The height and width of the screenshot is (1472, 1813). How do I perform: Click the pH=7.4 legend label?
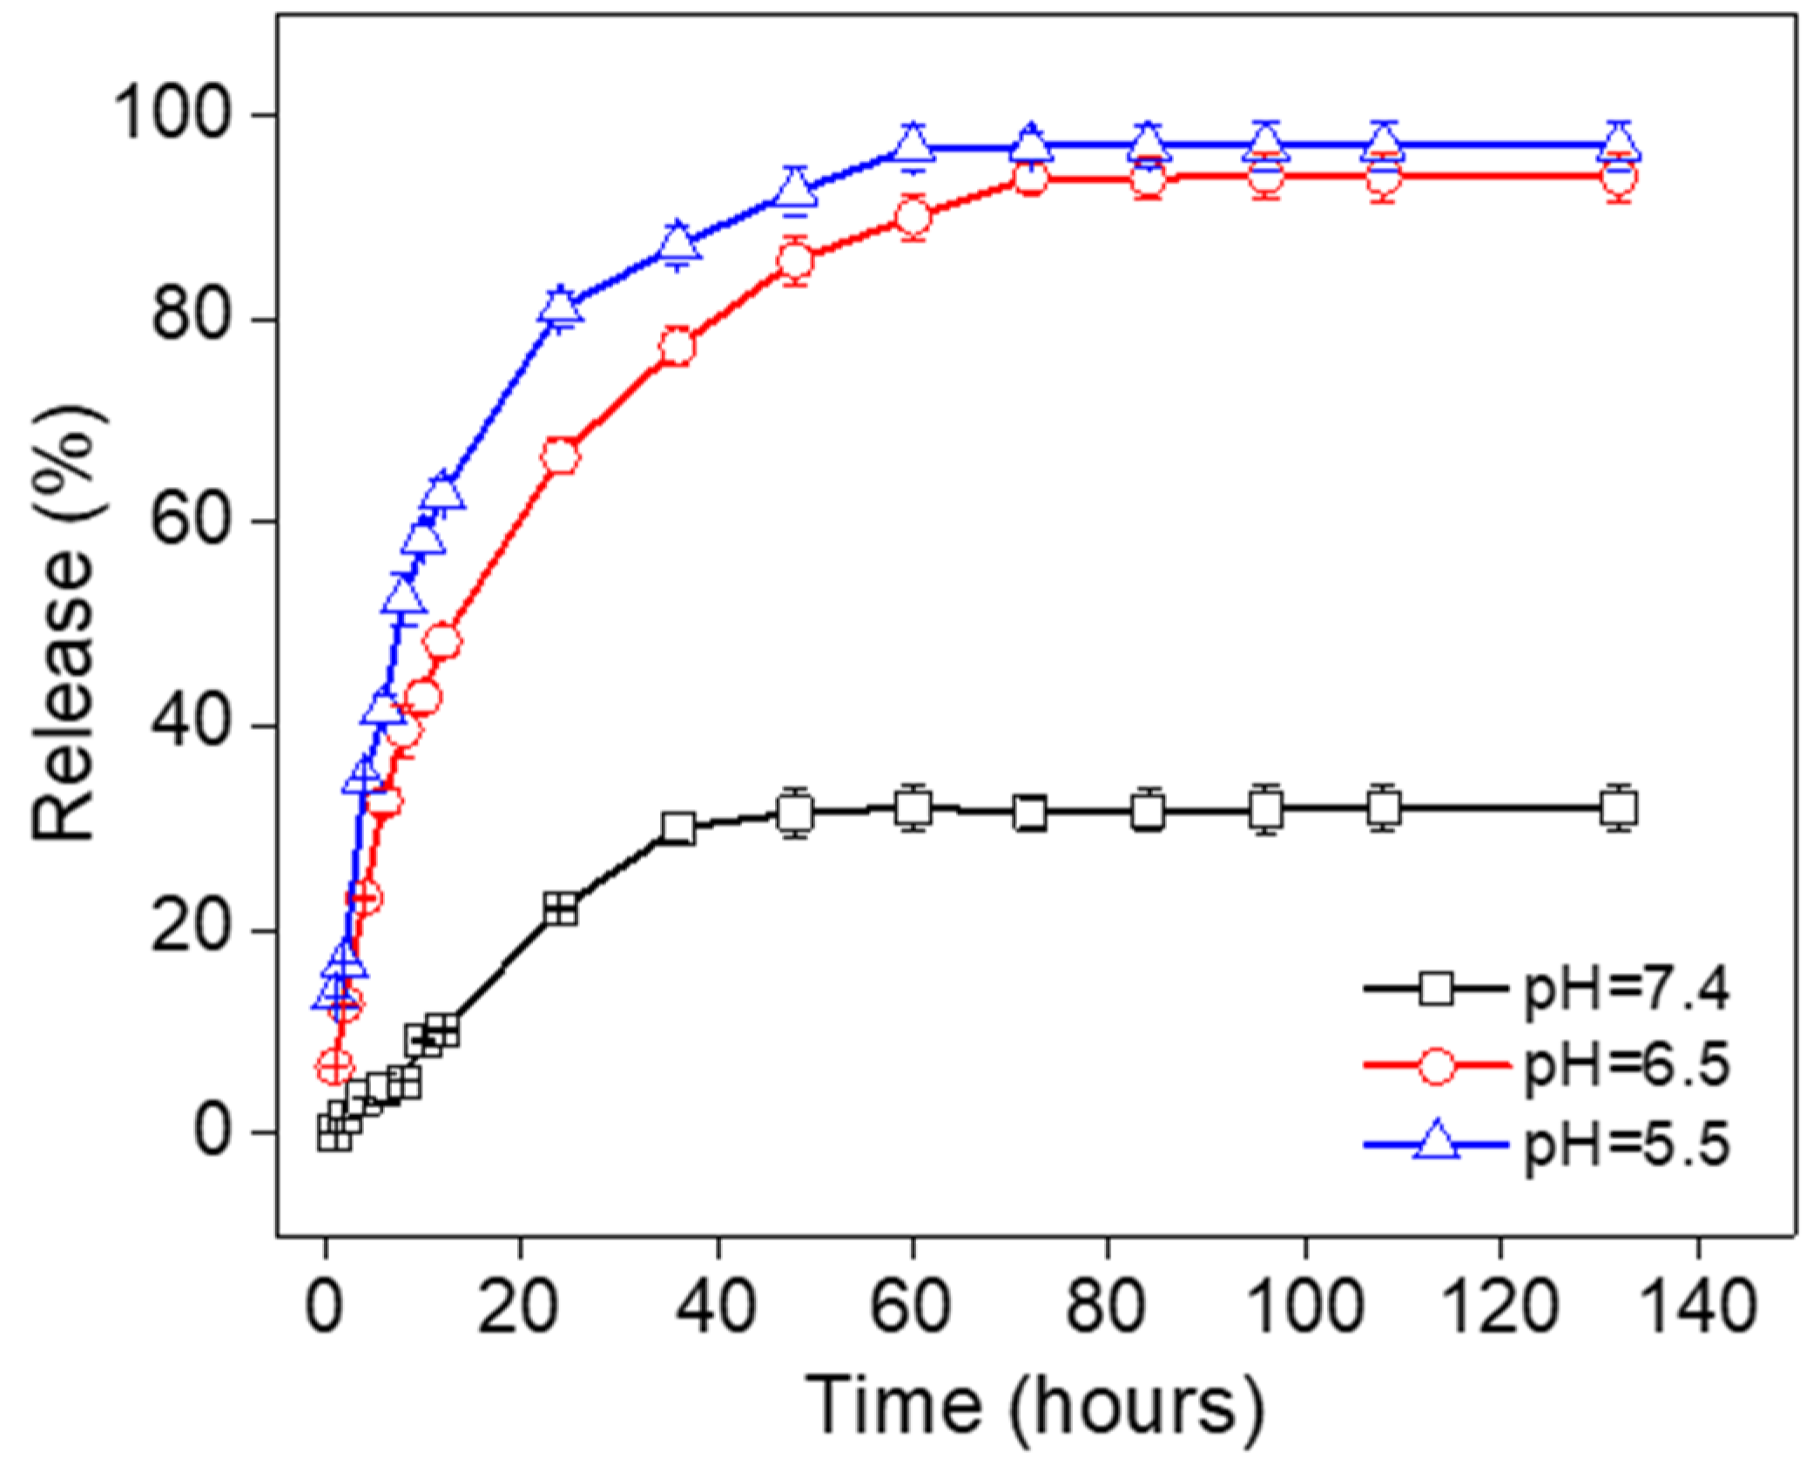click(1626, 990)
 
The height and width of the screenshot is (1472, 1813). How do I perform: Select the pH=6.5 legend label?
click(1626, 1066)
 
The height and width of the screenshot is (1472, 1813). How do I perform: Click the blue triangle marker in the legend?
click(1435, 1143)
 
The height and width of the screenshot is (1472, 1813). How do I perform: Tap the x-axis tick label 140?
click(1698, 1307)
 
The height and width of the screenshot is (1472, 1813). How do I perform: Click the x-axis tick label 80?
click(1108, 1307)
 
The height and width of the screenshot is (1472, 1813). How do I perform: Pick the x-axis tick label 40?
click(717, 1307)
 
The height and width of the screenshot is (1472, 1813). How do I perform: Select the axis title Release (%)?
click(65, 624)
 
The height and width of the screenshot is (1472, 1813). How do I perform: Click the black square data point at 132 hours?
click(1619, 809)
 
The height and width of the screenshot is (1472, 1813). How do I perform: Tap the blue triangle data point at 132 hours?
click(1619, 145)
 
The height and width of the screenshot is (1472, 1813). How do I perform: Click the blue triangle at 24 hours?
click(561, 307)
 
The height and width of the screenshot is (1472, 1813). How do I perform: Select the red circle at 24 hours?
click(561, 456)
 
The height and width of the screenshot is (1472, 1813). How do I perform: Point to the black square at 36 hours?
click(678, 827)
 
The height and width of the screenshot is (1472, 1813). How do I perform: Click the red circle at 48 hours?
click(795, 260)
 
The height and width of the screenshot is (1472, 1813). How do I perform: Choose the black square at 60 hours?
click(913, 807)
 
